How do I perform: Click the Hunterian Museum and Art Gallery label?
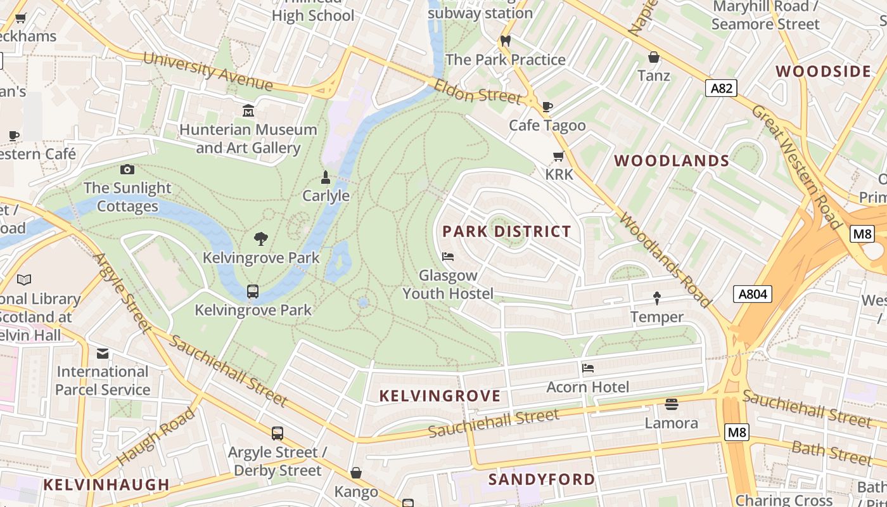point(248,139)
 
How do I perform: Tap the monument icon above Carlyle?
point(326,177)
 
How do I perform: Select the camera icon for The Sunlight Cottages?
point(127,169)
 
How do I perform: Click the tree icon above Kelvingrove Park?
point(260,239)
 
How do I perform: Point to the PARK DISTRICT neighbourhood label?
point(507,231)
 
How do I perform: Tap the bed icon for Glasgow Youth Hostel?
point(448,257)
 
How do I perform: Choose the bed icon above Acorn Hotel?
point(588,368)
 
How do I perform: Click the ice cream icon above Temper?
point(657,298)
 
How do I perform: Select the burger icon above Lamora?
point(672,404)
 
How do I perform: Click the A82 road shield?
point(721,88)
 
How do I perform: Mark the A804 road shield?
point(753,294)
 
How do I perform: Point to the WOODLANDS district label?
point(672,161)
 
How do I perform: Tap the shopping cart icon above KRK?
point(558,156)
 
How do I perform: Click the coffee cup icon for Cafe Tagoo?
point(547,106)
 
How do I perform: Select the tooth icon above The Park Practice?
point(506,41)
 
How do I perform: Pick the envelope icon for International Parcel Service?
point(103,353)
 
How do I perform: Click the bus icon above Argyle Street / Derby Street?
point(278,433)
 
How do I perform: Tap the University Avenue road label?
point(208,71)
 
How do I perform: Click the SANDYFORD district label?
point(542,479)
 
